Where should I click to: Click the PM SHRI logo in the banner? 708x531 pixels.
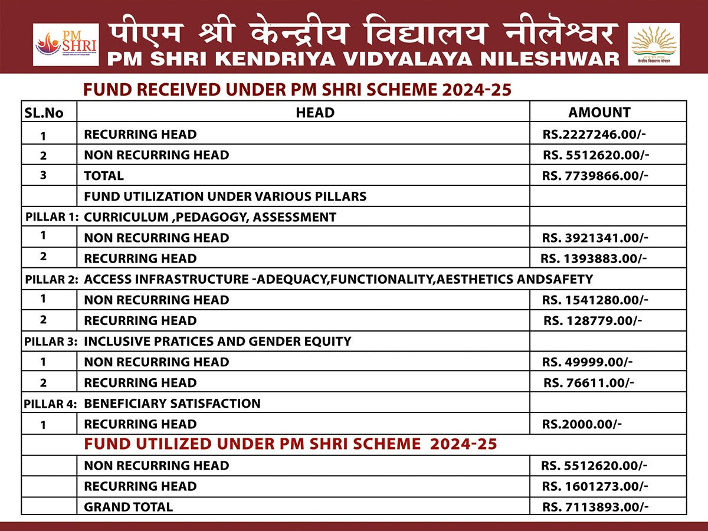[65, 45]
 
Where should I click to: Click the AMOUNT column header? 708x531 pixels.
[599, 112]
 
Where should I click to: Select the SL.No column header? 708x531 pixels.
[43, 112]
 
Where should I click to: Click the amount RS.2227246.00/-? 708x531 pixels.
[594, 134]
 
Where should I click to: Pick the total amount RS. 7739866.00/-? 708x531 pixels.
[596, 175]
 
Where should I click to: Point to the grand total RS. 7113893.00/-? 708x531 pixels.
[595, 507]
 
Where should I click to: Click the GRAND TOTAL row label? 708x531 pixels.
[129, 507]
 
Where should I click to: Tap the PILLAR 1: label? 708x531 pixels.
[52, 217]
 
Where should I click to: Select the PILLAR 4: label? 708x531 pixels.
[51, 404]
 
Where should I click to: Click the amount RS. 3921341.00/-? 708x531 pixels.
[596, 238]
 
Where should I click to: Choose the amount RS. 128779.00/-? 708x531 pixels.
[592, 320]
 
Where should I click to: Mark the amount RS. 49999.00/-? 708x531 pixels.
[588, 362]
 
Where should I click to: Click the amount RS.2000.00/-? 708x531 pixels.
[582, 424]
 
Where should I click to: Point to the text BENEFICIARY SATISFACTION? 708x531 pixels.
[172, 404]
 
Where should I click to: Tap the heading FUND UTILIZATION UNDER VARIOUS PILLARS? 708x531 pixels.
[225, 196]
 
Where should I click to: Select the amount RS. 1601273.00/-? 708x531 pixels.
[595, 486]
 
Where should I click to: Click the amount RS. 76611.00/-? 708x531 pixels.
[588, 383]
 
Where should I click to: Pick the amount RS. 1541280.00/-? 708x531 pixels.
[596, 300]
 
